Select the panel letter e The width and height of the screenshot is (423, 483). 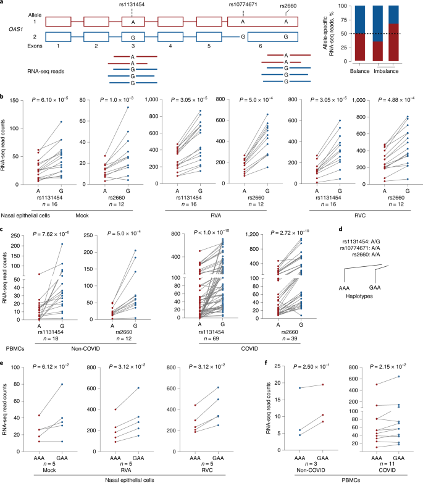[x=4, y=338]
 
